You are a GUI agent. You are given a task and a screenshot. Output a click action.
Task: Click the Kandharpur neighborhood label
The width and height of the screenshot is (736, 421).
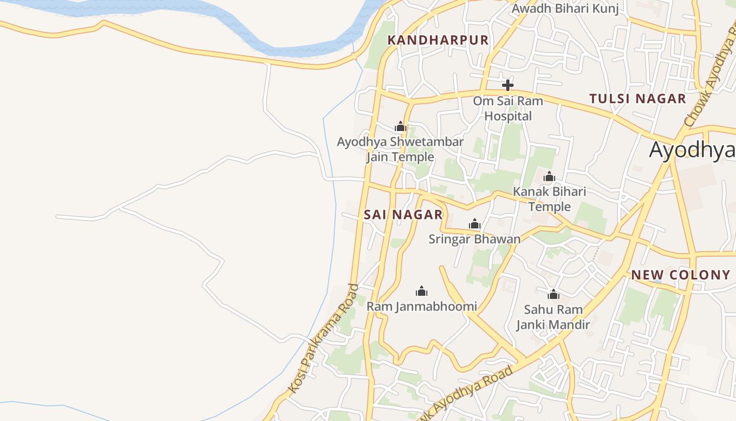click(438, 40)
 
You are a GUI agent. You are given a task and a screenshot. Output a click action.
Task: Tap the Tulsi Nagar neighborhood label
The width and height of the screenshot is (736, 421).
click(637, 98)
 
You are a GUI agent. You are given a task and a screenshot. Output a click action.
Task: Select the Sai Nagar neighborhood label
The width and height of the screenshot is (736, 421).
click(403, 215)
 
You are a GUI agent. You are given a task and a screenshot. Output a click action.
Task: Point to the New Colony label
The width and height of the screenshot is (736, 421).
click(681, 275)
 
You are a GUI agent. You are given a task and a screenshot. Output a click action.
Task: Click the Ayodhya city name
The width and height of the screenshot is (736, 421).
click(692, 150)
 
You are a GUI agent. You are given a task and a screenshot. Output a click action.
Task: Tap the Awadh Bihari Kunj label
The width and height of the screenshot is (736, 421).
click(565, 8)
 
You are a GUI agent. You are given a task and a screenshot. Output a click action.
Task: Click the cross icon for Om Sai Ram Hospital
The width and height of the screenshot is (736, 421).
click(507, 85)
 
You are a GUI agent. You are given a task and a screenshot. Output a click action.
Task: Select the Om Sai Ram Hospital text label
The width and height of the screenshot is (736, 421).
click(508, 108)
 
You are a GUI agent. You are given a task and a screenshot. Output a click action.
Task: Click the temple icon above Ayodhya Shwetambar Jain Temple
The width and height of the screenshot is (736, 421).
click(401, 126)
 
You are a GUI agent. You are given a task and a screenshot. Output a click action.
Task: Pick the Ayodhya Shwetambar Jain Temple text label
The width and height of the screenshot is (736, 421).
click(400, 149)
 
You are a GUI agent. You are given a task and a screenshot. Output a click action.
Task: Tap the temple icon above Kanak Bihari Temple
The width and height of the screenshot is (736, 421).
click(549, 176)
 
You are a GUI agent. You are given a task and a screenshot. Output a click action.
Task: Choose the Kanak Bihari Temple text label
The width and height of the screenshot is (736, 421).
click(549, 199)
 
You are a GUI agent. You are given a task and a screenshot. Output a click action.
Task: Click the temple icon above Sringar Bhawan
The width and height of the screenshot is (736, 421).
click(475, 224)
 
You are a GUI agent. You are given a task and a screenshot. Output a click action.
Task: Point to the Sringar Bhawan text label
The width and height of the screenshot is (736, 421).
click(475, 239)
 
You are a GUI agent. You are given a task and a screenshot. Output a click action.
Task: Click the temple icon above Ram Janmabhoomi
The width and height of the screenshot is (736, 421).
click(422, 291)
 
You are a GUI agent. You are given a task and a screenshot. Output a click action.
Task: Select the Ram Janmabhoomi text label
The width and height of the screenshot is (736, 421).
click(422, 306)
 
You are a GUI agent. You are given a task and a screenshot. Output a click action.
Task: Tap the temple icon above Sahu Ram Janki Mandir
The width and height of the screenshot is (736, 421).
click(553, 294)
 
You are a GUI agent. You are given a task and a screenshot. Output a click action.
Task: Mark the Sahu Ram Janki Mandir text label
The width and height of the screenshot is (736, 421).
click(553, 317)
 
